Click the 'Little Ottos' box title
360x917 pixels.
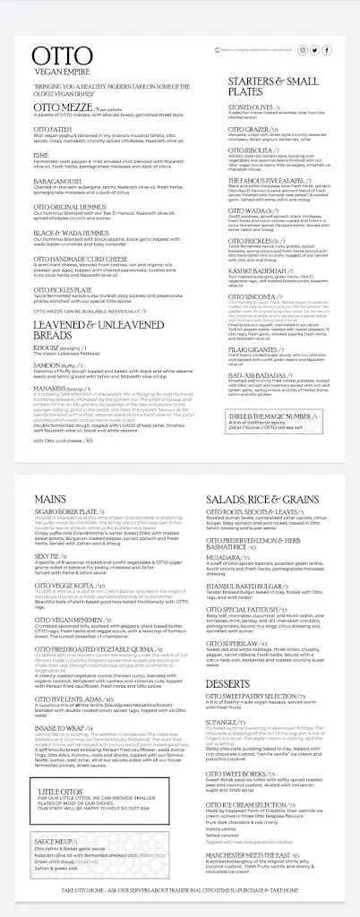(x=50, y=790)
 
